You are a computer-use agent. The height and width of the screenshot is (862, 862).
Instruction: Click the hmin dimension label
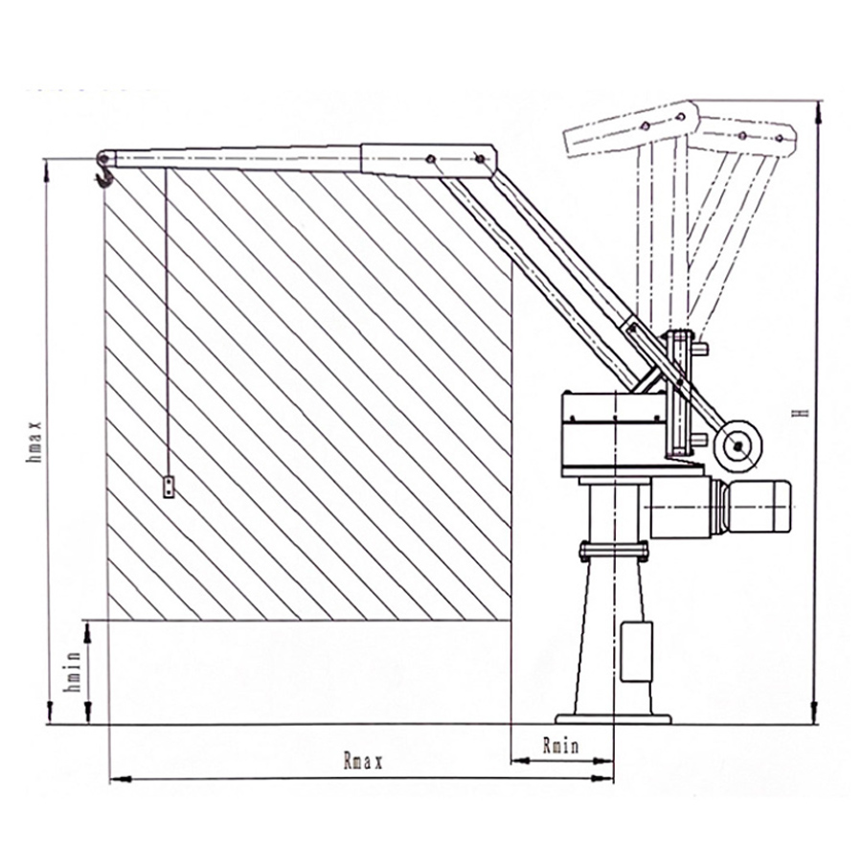69,673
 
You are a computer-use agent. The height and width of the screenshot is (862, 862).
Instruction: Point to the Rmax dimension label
363,763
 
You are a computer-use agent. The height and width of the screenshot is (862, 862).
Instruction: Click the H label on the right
805,413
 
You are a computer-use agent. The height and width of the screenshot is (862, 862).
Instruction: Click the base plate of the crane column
614,717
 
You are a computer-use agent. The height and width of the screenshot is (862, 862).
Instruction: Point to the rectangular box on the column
636,651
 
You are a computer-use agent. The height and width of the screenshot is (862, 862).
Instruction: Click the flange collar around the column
614,551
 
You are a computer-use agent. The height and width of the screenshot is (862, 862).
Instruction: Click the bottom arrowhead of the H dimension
817,718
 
